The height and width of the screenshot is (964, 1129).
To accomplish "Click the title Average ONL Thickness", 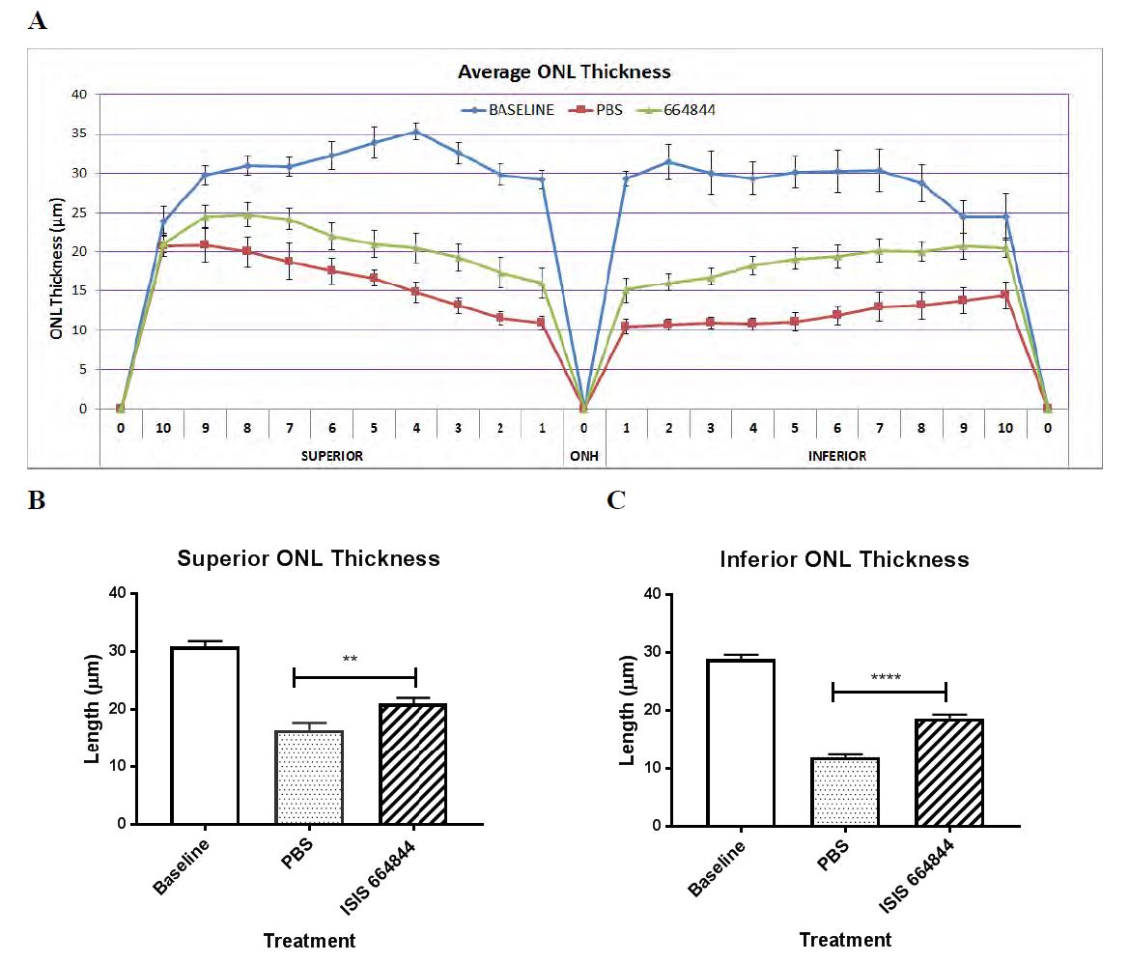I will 564,71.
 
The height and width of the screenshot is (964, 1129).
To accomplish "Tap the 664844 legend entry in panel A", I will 689,109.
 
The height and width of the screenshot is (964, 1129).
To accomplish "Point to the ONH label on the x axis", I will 583,455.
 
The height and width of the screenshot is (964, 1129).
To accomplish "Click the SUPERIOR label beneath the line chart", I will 331,455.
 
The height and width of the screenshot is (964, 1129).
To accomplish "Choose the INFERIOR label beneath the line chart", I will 836,455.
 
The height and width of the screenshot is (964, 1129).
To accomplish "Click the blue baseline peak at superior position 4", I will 415,132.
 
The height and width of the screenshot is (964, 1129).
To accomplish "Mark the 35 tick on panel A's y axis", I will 78,134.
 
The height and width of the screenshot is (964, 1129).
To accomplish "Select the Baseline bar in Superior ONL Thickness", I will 205,735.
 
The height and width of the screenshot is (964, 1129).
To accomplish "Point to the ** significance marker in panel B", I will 350,660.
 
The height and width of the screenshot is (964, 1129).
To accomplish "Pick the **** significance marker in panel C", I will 886,676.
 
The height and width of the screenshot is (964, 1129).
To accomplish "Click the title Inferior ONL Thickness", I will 844,559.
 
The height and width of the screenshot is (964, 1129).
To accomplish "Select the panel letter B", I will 37,500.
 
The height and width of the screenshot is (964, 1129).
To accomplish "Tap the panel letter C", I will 615,500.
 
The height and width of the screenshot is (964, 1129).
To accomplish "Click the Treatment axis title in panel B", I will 309,940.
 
